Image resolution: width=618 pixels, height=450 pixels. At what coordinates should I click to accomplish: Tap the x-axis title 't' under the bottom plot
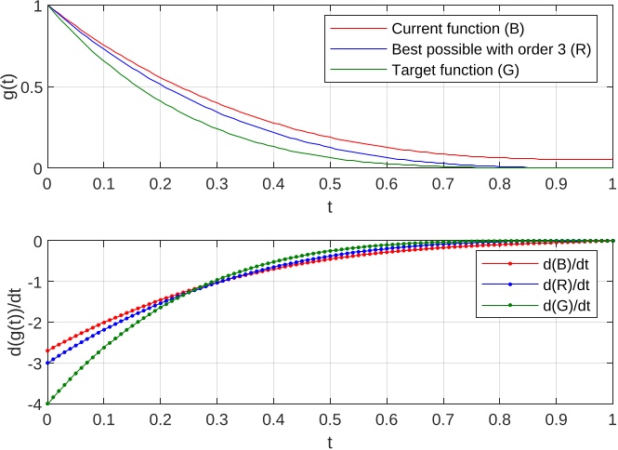click(x=329, y=442)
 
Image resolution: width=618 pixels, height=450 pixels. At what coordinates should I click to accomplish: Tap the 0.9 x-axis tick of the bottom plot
click(x=556, y=419)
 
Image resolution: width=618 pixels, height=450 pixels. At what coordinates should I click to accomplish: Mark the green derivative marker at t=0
click(x=46, y=404)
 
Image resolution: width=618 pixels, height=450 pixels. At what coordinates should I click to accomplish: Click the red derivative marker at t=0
click(x=46, y=351)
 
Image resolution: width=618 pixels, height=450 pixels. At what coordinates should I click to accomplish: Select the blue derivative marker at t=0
click(x=46, y=363)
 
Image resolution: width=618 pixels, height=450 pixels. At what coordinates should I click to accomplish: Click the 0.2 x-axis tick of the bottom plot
click(x=160, y=419)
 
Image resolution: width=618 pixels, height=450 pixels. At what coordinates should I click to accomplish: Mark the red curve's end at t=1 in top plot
click(x=611, y=159)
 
